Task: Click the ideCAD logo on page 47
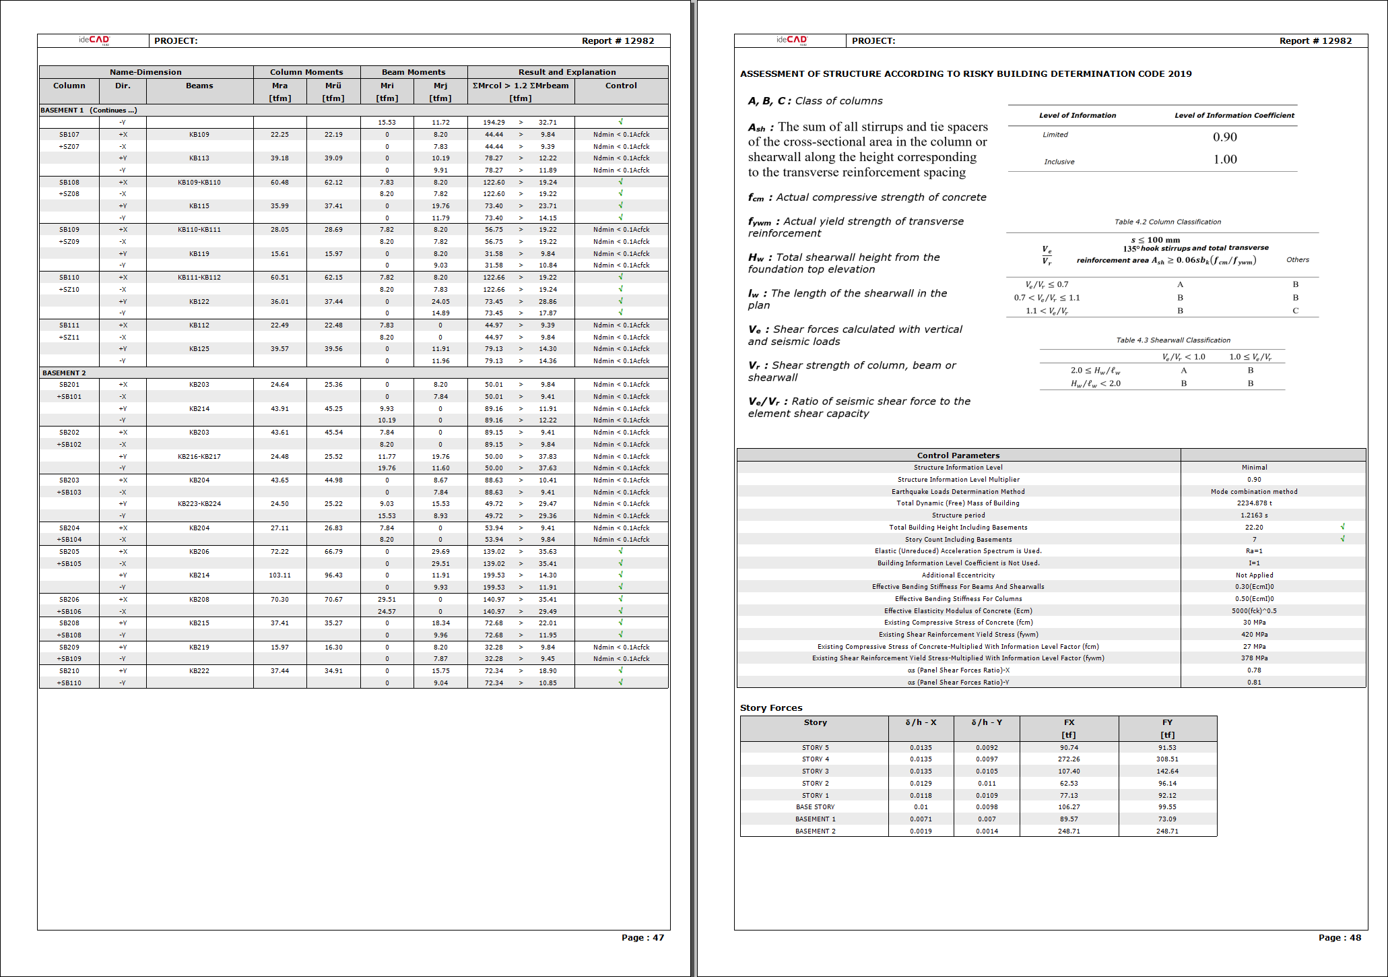(94, 40)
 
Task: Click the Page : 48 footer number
(1339, 937)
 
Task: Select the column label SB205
(69, 551)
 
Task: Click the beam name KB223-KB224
(199, 503)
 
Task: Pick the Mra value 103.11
(279, 575)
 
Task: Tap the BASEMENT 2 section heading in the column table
(64, 373)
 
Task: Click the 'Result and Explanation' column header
(567, 72)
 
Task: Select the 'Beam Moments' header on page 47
(414, 72)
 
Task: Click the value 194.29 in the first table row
(494, 122)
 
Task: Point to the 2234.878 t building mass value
(1254, 503)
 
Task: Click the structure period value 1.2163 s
(1254, 515)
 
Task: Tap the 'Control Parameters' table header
(958, 455)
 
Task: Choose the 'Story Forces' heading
(771, 707)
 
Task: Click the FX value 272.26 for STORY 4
(1069, 759)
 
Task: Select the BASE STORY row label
(815, 807)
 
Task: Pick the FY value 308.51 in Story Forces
(1167, 759)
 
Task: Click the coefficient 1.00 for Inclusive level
(1225, 160)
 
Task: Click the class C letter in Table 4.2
(1295, 311)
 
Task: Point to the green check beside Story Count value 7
(1342, 539)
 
